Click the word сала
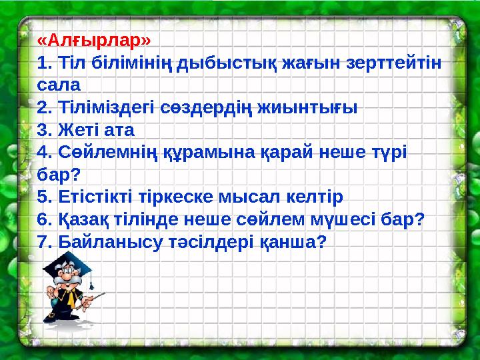tap(59, 85)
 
